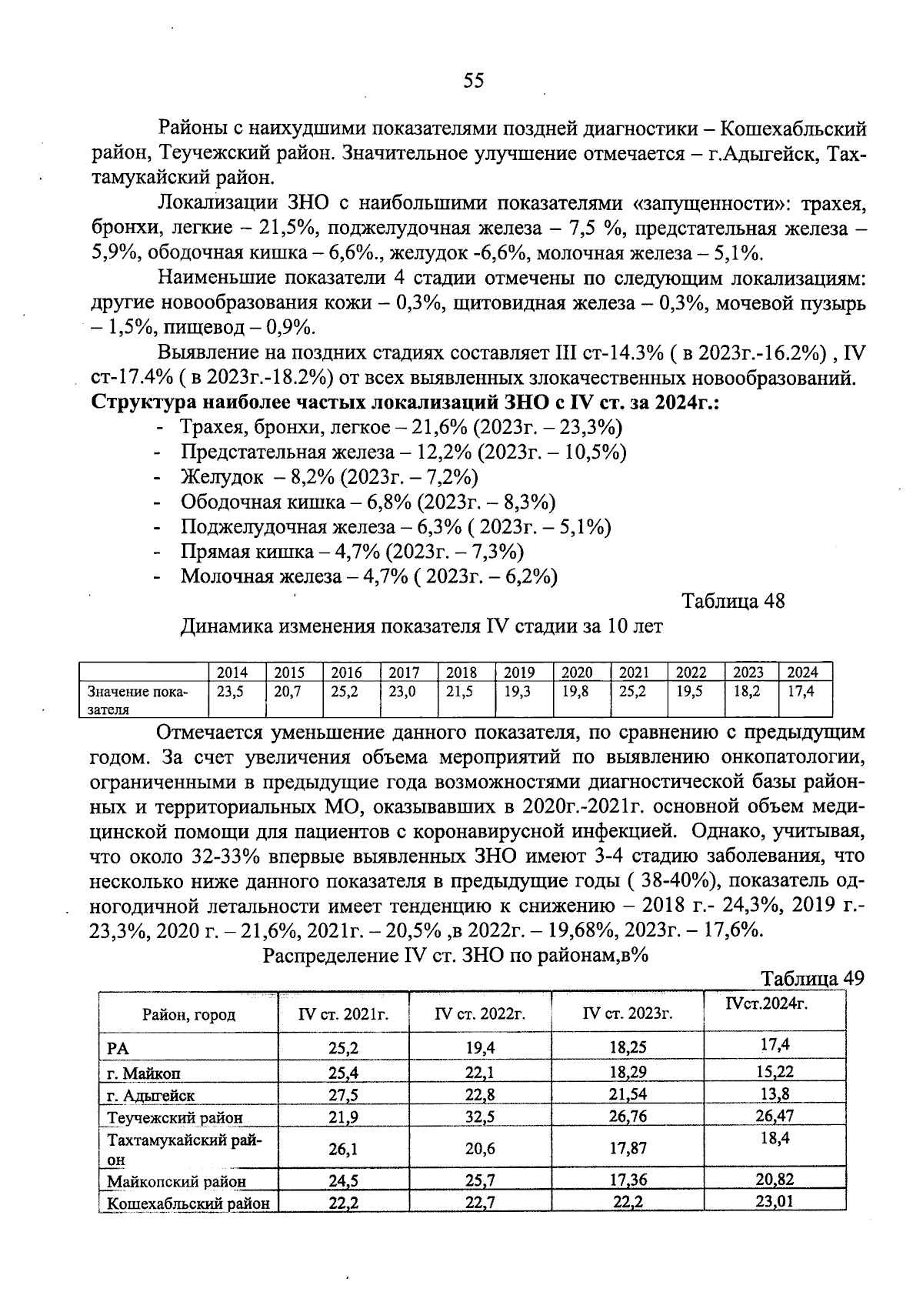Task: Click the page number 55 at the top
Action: coord(474,81)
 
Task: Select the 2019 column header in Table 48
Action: coord(519,672)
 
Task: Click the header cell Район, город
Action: coord(188,1015)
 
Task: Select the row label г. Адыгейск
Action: coord(151,1095)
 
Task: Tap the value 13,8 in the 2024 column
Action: coord(775,1093)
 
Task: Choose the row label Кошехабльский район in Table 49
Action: coord(188,1204)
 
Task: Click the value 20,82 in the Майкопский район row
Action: coord(775,1180)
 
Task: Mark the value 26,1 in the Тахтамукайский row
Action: coord(343,1149)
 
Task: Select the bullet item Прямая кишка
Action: coord(352,551)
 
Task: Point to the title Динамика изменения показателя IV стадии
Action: coord(421,626)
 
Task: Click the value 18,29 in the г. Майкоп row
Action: coord(628,1072)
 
